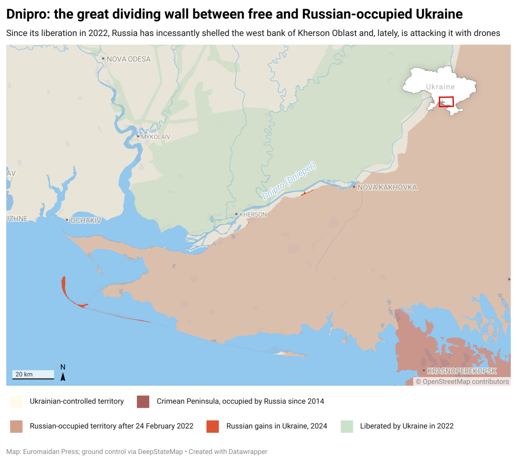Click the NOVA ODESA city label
(129, 59)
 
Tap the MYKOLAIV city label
(156, 137)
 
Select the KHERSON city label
(253, 214)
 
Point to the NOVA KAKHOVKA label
(387, 187)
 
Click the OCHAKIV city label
(85, 220)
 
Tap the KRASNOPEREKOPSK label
(462, 371)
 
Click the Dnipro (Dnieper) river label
(289, 180)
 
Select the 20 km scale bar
(33, 375)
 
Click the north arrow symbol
(63, 377)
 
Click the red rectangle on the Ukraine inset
(446, 101)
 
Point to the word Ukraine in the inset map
(440, 87)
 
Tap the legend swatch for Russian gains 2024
(212, 426)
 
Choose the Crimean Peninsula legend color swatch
(143, 402)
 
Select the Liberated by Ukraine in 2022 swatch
(347, 426)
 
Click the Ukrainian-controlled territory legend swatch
(16, 402)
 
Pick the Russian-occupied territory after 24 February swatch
(16, 426)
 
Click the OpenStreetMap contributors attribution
(462, 382)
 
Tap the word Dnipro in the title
(28, 14)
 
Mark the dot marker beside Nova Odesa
(103, 58)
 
